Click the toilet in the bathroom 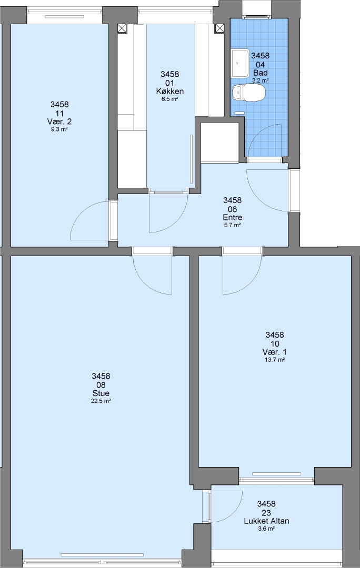coord(249,93)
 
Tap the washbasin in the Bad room coord(240,63)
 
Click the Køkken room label coord(169,92)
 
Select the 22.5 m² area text coord(101,401)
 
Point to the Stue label coord(101,393)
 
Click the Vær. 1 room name coord(274,352)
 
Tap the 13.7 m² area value coord(274,360)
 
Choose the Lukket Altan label coord(266,521)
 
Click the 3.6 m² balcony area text coord(266,529)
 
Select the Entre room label coord(233,217)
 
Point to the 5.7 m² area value coord(233,225)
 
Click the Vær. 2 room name coord(59,121)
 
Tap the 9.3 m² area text coord(59,129)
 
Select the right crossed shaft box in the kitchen coord(219,28)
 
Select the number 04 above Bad coord(261,65)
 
